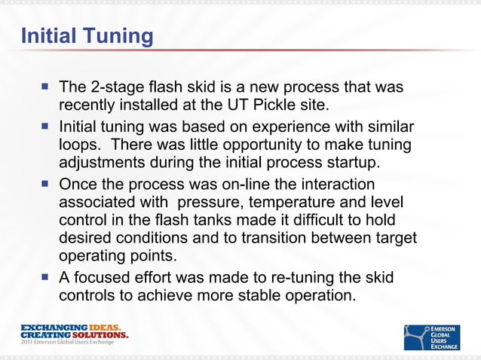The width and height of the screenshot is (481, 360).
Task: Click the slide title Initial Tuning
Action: pos(87,35)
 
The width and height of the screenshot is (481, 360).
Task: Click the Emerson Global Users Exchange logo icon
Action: pos(417,337)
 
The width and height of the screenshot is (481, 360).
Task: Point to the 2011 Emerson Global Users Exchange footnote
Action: pos(67,343)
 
